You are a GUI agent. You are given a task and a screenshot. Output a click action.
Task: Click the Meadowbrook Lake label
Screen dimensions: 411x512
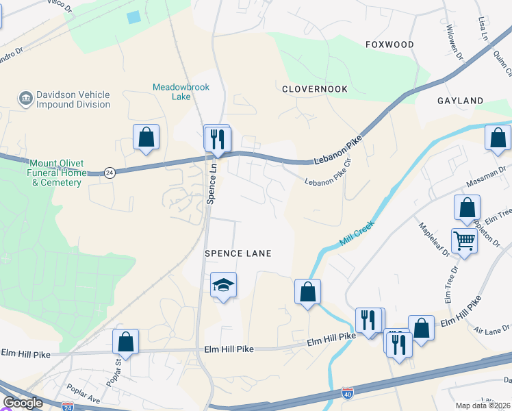pyautogui.click(x=181, y=92)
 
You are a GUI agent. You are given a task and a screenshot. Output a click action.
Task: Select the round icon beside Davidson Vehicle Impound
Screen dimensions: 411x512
pyautogui.click(x=26, y=99)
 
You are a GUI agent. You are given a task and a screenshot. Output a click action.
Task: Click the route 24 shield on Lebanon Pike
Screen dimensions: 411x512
pyautogui.click(x=109, y=172)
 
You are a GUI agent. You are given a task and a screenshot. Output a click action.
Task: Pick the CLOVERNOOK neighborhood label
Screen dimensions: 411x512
pyautogui.click(x=315, y=89)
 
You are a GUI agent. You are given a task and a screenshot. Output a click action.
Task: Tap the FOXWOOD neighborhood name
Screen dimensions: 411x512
pyautogui.click(x=389, y=45)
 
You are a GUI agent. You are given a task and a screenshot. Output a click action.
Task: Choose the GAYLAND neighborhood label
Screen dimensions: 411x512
pyautogui.click(x=460, y=101)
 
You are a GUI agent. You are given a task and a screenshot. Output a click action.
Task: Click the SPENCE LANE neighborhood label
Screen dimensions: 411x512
pyautogui.click(x=238, y=253)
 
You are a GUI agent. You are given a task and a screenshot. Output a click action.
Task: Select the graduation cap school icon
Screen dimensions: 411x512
pyautogui.click(x=223, y=284)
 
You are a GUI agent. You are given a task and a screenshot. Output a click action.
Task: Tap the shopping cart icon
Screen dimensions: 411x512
pyautogui.click(x=464, y=240)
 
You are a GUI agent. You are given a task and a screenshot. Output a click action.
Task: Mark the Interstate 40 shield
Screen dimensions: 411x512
pyautogui.click(x=348, y=393)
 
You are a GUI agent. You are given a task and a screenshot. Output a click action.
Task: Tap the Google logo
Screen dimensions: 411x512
pyautogui.click(x=23, y=403)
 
